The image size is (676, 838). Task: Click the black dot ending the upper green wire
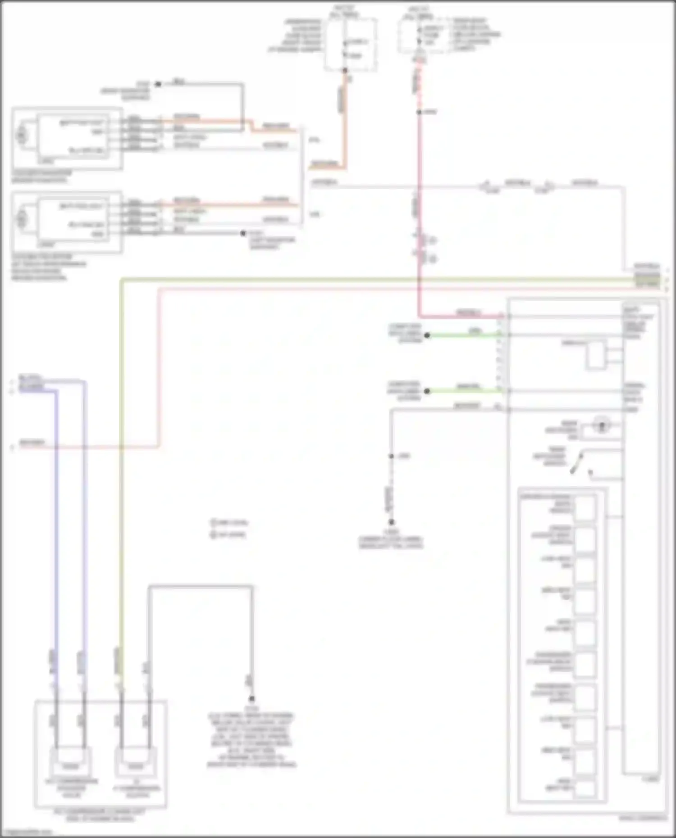coord(427,335)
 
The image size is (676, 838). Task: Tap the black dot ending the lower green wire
coord(427,391)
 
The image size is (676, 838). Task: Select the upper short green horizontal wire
coord(464,335)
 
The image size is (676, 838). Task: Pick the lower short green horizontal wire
coord(464,391)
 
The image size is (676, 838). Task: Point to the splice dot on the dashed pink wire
coord(419,112)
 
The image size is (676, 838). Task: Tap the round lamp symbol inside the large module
coord(602,424)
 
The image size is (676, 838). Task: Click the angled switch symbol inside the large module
coord(578,463)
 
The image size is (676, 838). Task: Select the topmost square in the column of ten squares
coord(585,507)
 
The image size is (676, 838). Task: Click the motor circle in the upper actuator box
coord(21,135)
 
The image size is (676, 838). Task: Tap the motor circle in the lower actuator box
coord(21,220)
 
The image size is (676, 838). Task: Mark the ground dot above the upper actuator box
coord(158,84)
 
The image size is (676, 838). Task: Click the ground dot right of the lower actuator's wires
coord(243,233)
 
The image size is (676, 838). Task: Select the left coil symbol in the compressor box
coord(70,765)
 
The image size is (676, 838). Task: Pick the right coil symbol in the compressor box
coord(135,765)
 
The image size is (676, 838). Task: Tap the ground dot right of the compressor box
coord(251,698)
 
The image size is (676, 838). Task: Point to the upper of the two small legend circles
coord(214,523)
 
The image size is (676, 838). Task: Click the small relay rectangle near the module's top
coord(596,354)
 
